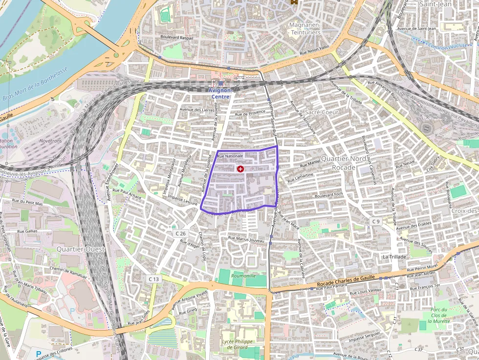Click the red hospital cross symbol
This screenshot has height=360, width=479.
(240, 169)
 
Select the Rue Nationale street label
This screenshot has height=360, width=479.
(230, 156)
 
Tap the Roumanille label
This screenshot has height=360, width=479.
(244, 276)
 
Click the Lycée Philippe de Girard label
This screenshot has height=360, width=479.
(237, 344)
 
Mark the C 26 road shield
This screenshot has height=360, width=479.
(181, 233)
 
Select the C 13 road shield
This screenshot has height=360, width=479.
(153, 278)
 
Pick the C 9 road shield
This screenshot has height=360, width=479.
(375, 221)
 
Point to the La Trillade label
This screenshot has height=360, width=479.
(394, 256)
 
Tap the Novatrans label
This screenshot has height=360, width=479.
(51, 141)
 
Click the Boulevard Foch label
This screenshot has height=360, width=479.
(329, 196)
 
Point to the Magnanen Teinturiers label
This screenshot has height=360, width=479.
(305, 28)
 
